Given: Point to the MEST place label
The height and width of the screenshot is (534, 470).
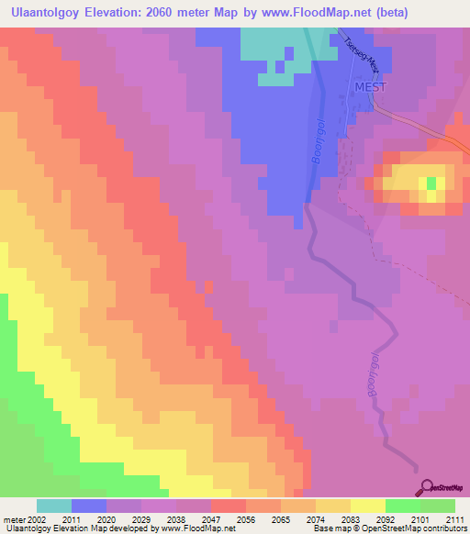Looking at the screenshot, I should coord(371,86).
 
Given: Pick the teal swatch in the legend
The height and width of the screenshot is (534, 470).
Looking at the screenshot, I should coord(54,506).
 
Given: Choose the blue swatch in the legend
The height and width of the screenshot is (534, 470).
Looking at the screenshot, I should coord(89,506).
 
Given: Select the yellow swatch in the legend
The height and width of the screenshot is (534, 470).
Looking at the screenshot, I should coord(367,506).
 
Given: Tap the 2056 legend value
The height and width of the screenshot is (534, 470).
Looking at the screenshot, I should coord(246,519).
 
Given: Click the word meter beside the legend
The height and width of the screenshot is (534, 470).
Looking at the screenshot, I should coord(12,519).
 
